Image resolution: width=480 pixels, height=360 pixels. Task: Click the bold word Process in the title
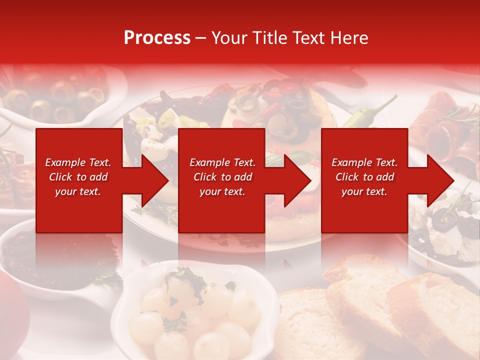pos(157,38)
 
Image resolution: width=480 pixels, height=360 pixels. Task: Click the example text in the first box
pos(78,177)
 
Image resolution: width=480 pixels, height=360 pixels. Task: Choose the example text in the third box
pos(364,177)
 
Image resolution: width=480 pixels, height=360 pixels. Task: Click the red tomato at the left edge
pos(11,310)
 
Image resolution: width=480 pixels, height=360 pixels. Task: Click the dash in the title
pos(201,38)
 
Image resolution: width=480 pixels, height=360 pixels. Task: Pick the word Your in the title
pos(230,38)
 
